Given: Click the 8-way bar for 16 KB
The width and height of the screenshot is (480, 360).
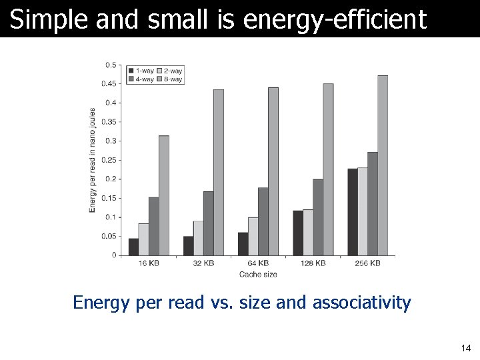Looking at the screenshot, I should click(x=164, y=195).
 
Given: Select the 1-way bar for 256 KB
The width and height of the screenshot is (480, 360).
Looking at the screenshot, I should click(x=352, y=212).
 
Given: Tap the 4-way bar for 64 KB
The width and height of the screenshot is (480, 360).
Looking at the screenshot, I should click(x=263, y=221).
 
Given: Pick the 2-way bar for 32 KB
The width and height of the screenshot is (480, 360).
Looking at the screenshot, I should click(x=198, y=238).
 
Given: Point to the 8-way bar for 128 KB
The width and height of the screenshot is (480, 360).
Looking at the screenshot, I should click(x=328, y=169).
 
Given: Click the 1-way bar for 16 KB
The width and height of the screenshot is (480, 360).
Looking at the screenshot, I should click(x=133, y=247).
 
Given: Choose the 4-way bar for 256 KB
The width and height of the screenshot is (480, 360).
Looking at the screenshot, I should click(x=373, y=203).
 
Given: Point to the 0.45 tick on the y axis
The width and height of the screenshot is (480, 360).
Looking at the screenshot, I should click(x=109, y=84).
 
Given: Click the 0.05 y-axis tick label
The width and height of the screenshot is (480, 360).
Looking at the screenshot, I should click(x=109, y=237).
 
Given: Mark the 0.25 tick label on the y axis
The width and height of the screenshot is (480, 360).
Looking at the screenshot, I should click(x=109, y=160).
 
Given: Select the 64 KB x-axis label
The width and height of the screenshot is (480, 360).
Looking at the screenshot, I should click(x=258, y=264).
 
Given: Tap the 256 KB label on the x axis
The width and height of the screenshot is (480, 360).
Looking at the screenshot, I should click(x=367, y=264).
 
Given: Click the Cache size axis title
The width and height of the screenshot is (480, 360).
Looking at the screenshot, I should click(x=258, y=274).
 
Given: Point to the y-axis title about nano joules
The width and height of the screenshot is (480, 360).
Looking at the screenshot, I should click(x=93, y=161).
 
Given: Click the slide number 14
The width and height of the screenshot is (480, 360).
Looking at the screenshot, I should click(x=465, y=348).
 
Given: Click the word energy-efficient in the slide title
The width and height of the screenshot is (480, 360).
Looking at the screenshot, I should click(x=335, y=20).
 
